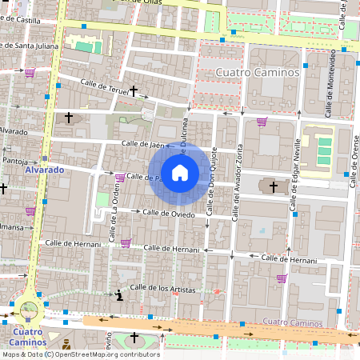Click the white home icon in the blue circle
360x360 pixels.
click(x=180, y=172)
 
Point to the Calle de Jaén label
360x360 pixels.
click(x=142, y=145)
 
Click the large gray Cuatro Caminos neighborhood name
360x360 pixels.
click(x=258, y=73)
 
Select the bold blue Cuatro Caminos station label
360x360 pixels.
click(x=29, y=337)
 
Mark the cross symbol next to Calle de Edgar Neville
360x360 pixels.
click(x=274, y=186)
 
